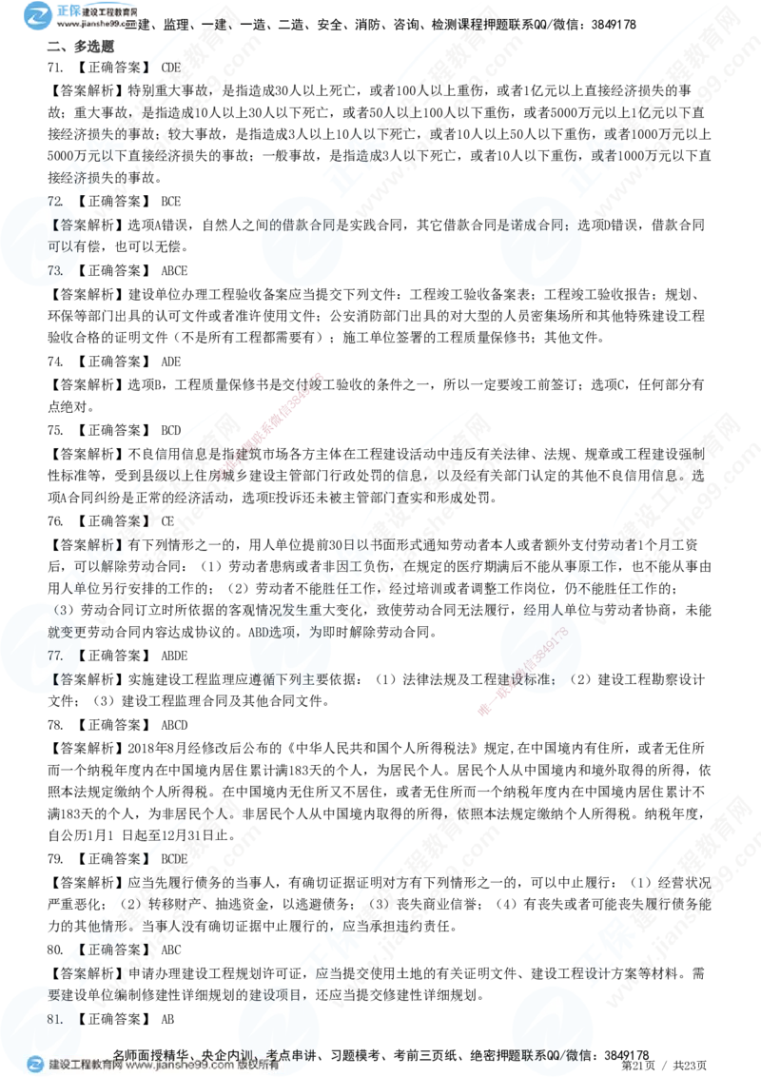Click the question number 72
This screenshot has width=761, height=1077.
pos(55,203)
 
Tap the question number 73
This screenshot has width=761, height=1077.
pos(55,270)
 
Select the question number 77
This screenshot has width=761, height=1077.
pos(55,655)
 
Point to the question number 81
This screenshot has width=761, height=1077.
pos(55,1018)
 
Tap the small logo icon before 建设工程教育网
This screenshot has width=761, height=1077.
pos(36,1065)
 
